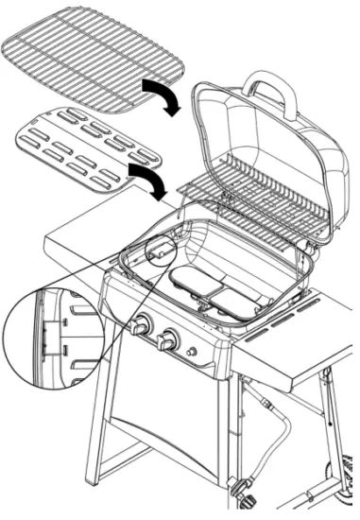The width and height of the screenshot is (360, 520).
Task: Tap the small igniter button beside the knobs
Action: point(193,352)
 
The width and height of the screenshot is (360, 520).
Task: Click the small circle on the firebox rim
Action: point(161,250)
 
